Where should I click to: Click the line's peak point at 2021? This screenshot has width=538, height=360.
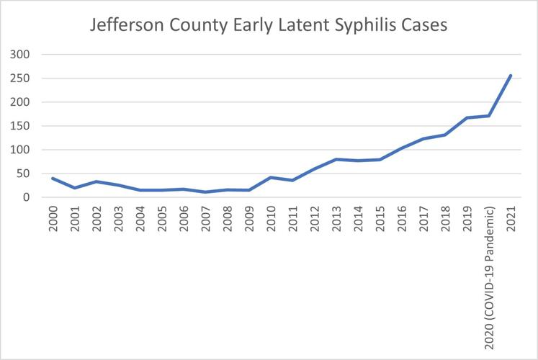511,76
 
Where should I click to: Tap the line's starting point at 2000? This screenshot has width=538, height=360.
53,178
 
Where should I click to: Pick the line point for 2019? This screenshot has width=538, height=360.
467,118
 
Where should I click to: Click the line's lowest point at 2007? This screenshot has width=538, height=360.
207,192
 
